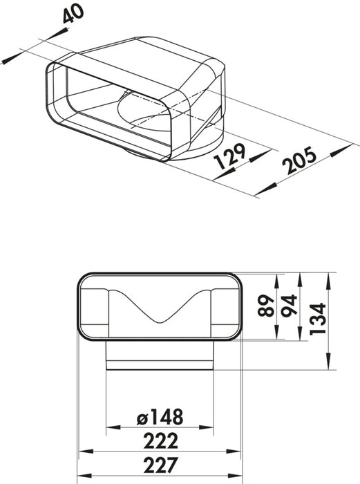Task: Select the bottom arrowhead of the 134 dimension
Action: coord(326,371)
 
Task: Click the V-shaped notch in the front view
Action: coord(161,319)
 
